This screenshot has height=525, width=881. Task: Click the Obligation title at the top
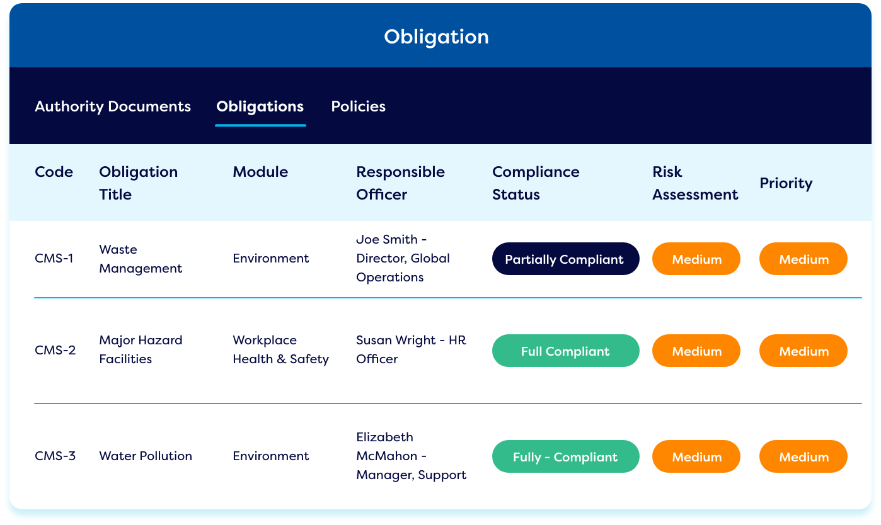point(436,37)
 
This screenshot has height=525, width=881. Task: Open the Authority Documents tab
point(113,106)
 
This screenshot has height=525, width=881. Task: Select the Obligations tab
point(260,106)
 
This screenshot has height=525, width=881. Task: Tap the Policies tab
point(359,106)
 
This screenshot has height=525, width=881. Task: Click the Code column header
point(54,172)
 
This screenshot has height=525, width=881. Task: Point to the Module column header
point(260,172)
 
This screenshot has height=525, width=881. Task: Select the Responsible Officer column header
point(400,183)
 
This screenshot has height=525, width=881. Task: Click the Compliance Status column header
point(536,183)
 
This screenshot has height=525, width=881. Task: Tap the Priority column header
point(786,184)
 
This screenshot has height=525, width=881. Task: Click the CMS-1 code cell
point(54,258)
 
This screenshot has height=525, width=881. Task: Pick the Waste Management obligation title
point(141,259)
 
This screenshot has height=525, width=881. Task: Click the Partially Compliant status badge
point(565,259)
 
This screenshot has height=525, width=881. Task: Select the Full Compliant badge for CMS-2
point(565,351)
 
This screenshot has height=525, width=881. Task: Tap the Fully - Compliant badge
point(565,456)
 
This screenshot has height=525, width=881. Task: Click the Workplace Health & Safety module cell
point(281,350)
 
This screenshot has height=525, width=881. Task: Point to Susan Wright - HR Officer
point(411,350)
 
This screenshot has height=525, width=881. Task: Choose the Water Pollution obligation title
point(146,456)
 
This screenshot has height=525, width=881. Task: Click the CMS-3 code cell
point(55,456)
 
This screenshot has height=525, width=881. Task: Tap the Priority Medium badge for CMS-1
point(803,259)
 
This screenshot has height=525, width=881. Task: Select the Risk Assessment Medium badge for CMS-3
point(696,456)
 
